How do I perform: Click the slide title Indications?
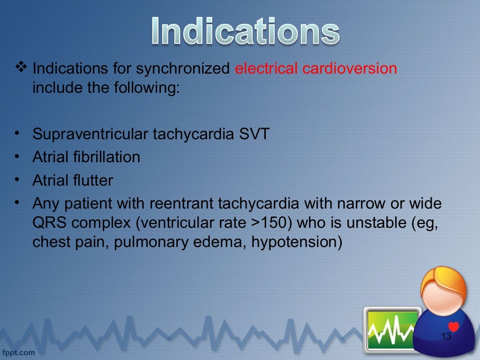pos(246,32)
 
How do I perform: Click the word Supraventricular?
pos(90,134)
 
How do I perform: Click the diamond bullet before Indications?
pos(21,67)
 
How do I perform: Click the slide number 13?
pos(446,336)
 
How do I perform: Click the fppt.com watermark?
pos(19,351)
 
